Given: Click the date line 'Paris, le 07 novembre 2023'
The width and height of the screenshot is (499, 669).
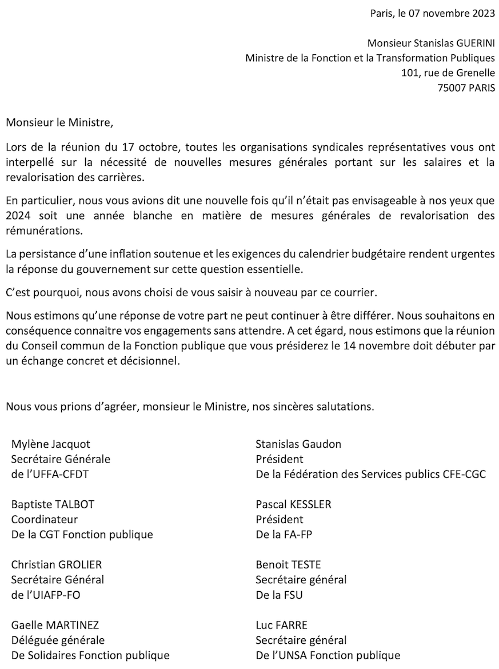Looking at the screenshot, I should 432,14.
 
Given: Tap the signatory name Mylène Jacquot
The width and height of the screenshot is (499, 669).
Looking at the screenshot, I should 51,444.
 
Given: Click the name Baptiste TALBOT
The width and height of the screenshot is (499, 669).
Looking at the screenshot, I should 53,504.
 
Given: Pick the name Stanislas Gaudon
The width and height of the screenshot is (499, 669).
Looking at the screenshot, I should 298,444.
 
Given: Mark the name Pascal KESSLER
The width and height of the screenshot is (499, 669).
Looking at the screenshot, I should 293,504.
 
